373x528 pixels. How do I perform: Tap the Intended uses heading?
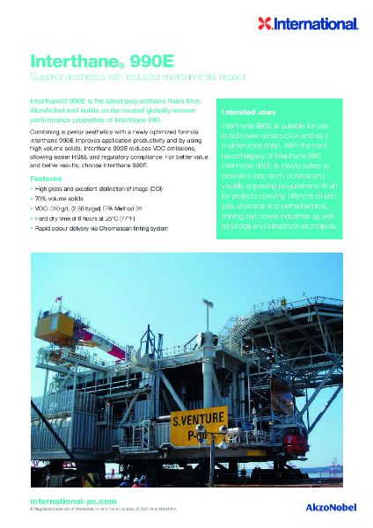tap(250, 113)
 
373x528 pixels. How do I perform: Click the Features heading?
tap(46, 179)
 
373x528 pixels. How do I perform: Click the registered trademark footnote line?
tap(123, 510)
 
